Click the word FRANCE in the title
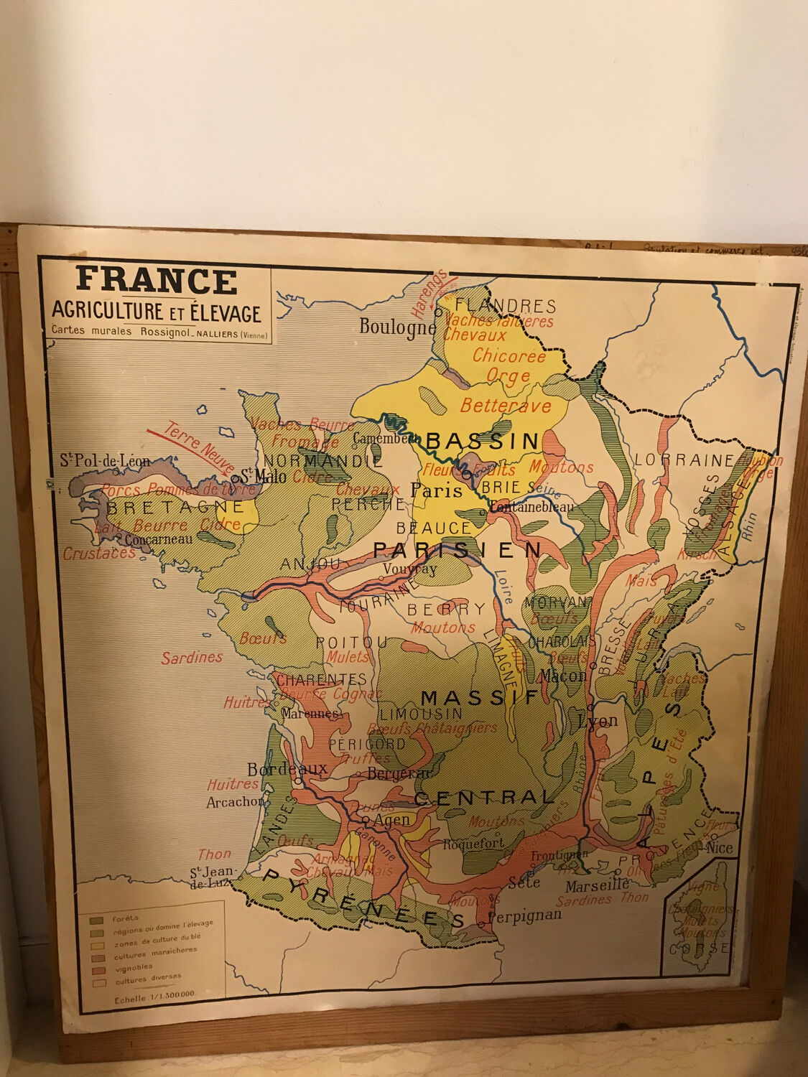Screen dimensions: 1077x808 point(157,281)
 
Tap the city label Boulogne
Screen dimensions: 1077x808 point(397,327)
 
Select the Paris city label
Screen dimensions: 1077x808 point(436,490)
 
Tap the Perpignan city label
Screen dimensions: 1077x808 point(525,915)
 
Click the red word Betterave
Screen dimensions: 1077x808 point(506,406)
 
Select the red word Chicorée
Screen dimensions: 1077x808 point(509,355)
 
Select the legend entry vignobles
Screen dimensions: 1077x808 point(134,966)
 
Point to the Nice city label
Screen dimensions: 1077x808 point(720,848)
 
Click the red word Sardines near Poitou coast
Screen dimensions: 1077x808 point(192,657)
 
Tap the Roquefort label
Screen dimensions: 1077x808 point(474,844)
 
